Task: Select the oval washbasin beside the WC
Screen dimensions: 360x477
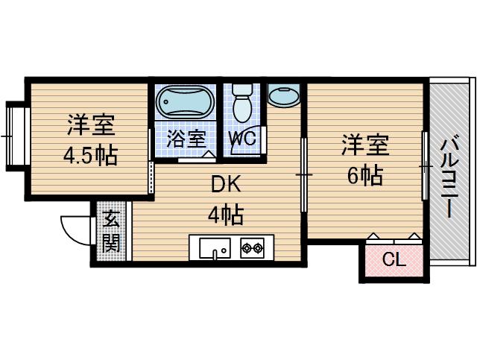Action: coord(283,97)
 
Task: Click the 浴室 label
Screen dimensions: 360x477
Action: coord(186,138)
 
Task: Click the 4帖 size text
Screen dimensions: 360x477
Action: coord(224,215)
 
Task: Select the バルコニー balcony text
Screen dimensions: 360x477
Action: coord(449,176)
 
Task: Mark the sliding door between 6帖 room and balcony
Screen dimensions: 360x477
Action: coord(425,165)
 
